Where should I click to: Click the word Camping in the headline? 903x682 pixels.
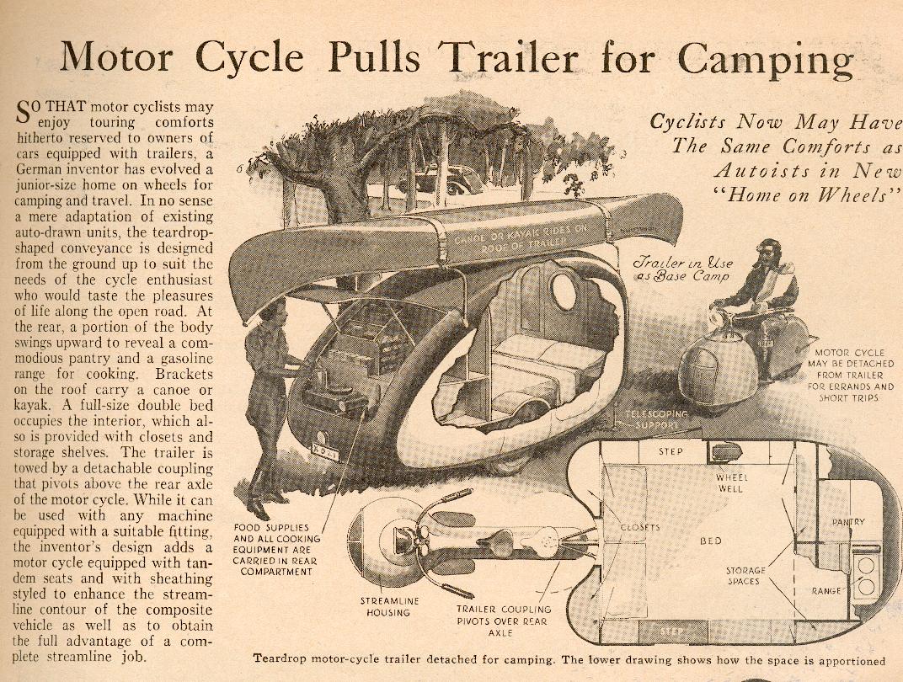[766, 60]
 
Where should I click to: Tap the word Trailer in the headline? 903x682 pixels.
[509, 57]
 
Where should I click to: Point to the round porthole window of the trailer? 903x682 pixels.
[564, 291]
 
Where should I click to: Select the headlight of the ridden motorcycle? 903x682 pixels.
[717, 316]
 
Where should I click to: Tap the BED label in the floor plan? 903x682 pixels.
[711, 541]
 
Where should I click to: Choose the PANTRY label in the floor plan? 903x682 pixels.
[848, 522]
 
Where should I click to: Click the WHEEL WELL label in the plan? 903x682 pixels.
[731, 482]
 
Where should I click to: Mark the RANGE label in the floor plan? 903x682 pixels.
[826, 590]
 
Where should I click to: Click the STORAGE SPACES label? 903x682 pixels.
[745, 576]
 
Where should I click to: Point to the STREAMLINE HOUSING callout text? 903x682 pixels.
[388, 606]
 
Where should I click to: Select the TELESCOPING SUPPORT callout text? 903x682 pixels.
[656, 419]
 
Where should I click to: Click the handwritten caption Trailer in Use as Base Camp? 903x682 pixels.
[682, 269]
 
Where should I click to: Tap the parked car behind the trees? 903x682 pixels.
[443, 180]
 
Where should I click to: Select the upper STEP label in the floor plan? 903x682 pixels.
[671, 452]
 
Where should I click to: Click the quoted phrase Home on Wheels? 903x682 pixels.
[806, 194]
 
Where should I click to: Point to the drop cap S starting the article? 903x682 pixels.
[22, 112]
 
